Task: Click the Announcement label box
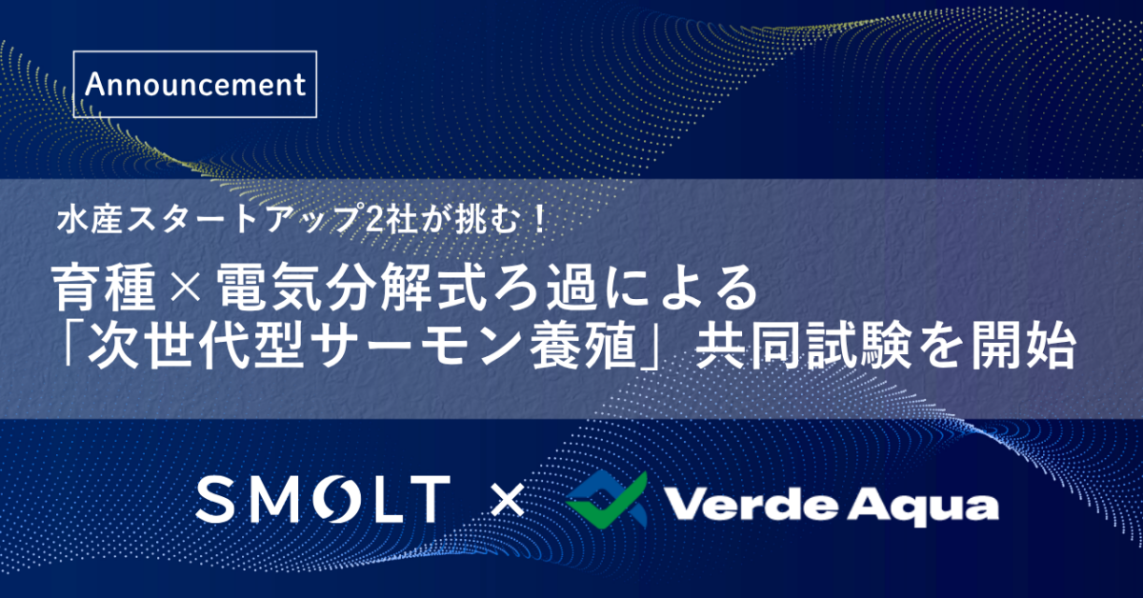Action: coord(195,84)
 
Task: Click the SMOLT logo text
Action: coord(323,499)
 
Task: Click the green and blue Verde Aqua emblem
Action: coord(607,499)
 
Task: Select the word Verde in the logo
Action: coord(752,504)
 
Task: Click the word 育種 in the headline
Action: coord(105,288)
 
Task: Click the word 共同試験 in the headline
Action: coord(803,346)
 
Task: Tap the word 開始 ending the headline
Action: coord(1023,346)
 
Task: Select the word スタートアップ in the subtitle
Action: coord(242,219)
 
